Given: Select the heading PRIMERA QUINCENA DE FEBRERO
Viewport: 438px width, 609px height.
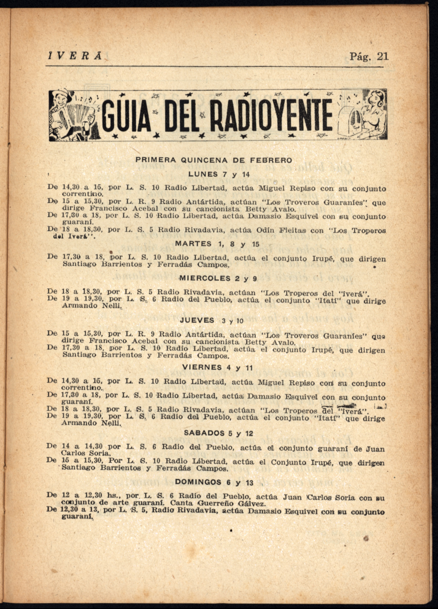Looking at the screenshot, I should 214,160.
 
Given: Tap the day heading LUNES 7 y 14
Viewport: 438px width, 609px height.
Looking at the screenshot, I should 219,175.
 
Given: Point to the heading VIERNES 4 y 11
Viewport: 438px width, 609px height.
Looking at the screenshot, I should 217,368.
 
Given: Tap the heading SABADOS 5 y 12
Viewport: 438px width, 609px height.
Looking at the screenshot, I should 218,433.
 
